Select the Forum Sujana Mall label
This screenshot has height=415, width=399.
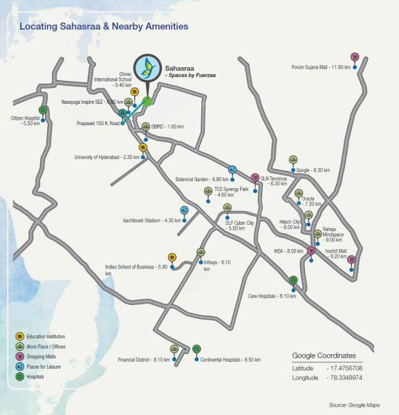tap(322, 67)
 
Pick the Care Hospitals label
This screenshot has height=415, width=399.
tap(272, 296)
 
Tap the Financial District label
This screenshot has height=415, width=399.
tap(143, 360)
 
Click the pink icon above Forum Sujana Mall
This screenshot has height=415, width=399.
tap(355, 57)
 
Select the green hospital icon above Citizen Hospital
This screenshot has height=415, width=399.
tap(43, 110)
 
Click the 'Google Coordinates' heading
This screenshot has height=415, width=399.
tap(324, 356)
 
